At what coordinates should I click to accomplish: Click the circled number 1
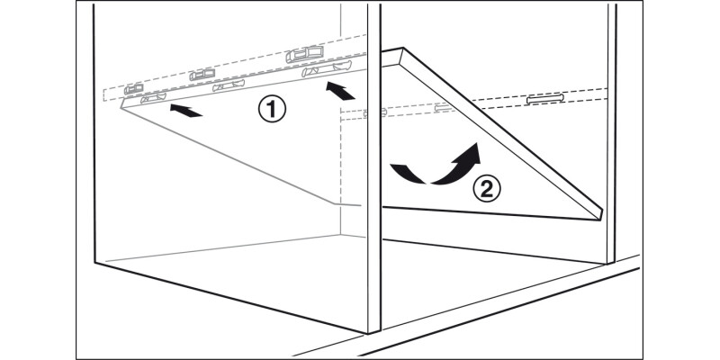click(272, 110)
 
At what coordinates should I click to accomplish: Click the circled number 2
click(487, 189)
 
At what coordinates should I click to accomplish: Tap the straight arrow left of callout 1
click(186, 111)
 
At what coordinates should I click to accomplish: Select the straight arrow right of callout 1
click(340, 91)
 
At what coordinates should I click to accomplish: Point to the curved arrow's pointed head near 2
click(469, 154)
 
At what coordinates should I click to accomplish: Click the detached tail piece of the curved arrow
click(407, 173)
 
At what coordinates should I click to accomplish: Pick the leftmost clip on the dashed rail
click(133, 88)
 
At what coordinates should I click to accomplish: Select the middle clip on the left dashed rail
click(202, 75)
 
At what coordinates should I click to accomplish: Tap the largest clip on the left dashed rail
click(304, 54)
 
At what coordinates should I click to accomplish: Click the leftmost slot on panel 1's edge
click(153, 97)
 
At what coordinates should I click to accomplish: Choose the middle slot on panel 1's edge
click(229, 85)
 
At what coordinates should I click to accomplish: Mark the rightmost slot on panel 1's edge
click(327, 68)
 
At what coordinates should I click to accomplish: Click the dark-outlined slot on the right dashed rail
click(545, 98)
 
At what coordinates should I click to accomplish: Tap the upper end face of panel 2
click(392, 57)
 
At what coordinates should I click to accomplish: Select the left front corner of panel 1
click(121, 108)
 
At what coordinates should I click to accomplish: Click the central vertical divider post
click(374, 168)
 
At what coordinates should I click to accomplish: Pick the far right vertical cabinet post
click(612, 133)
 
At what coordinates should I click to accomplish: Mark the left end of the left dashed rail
click(103, 94)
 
